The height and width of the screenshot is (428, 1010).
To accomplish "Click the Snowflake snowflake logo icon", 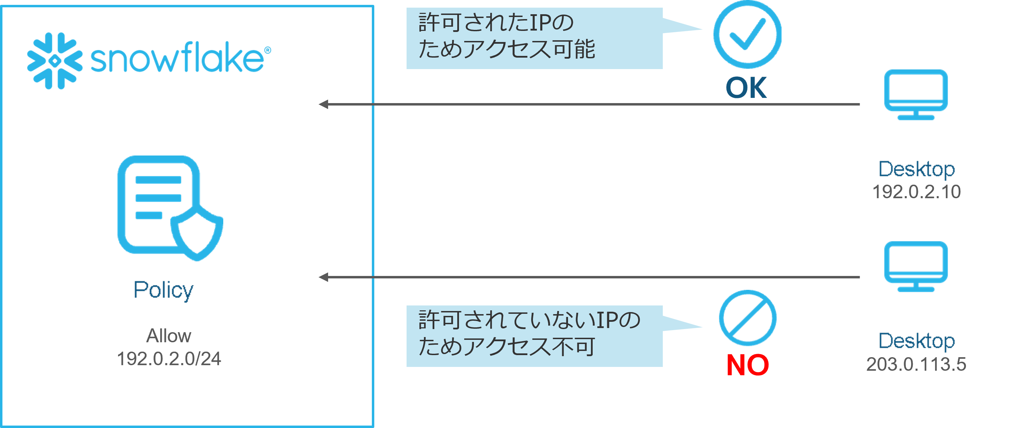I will (x=55, y=61).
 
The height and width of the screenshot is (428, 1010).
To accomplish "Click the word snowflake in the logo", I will (x=177, y=59).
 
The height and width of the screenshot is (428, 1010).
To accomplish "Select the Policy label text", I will (x=164, y=291).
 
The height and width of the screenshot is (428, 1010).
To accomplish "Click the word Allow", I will (x=169, y=336).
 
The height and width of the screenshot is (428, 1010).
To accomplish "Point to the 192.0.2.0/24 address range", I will (x=169, y=359).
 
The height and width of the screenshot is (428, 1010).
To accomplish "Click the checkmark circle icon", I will (x=747, y=34).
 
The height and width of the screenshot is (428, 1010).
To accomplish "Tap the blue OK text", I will (x=746, y=88).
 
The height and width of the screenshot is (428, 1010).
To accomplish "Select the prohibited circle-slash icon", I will (x=747, y=318).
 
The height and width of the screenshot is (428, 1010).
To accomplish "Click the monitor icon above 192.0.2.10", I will (x=916, y=94).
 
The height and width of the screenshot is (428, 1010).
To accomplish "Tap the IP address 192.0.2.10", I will (x=916, y=192).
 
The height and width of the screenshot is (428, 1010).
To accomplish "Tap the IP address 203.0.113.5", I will (x=916, y=364).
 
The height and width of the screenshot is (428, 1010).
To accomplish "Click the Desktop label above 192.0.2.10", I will (x=916, y=169).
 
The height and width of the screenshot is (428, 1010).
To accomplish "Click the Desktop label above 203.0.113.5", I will (x=916, y=341).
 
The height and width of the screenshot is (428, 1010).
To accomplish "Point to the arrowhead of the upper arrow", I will (x=323, y=104).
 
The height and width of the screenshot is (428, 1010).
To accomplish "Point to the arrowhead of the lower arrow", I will (x=323, y=277).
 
